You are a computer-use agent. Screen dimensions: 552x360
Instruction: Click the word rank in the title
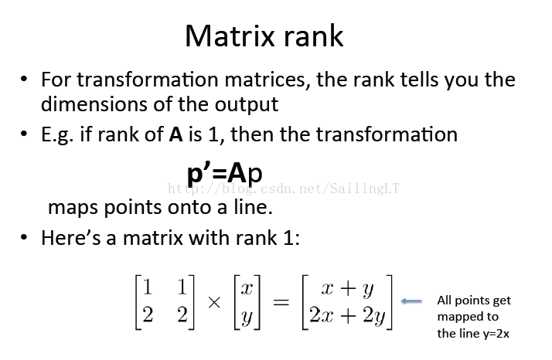[x=313, y=36]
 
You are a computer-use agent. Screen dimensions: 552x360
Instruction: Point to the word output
[x=247, y=104]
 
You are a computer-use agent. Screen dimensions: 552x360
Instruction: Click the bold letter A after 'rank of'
[x=175, y=134]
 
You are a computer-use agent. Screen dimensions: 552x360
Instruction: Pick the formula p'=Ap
[x=225, y=174]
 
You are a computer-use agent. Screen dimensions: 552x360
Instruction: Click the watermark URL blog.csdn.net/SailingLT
[x=284, y=188]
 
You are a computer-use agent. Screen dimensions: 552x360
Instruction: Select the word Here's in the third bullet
[x=71, y=237]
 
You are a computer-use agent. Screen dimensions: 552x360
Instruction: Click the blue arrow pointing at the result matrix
[x=411, y=301]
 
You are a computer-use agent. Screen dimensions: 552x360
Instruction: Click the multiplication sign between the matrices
[x=214, y=302]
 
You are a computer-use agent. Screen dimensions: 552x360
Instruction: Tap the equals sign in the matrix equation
[x=281, y=302]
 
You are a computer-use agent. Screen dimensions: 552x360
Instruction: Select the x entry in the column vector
[x=247, y=289]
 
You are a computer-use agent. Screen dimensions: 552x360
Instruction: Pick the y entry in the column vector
[x=247, y=317]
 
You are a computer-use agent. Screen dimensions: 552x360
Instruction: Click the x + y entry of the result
[x=347, y=289]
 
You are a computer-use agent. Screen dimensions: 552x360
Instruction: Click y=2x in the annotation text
[x=496, y=333]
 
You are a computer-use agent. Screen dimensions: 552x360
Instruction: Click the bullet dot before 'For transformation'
[x=24, y=79]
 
